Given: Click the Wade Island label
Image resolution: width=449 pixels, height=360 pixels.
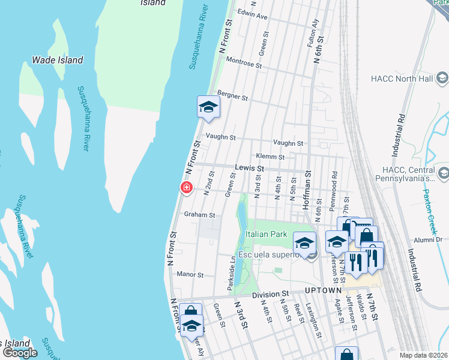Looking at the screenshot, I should pyautogui.click(x=57, y=61).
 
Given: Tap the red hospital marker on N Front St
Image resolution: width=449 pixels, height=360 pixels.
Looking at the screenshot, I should pyautogui.click(x=187, y=188).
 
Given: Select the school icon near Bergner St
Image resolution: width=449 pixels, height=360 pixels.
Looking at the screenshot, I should pyautogui.click(x=208, y=107).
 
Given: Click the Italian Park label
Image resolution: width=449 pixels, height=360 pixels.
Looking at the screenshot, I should pyautogui.click(x=266, y=234).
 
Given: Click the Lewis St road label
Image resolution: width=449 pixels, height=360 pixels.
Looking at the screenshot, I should pyautogui.click(x=249, y=169).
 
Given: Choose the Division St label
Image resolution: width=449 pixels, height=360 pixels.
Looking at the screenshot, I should pyautogui.click(x=270, y=295).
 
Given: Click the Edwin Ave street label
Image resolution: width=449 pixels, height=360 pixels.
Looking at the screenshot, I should pyautogui.click(x=252, y=16).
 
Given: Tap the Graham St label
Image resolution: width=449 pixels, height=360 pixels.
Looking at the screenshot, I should pyautogui.click(x=199, y=214).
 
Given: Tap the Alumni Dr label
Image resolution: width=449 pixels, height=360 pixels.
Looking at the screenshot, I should pyautogui.click(x=427, y=239).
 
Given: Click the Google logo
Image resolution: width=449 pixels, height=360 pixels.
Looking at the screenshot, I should pyautogui.click(x=20, y=353).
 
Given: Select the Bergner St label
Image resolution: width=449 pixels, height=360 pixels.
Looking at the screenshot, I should pyautogui.click(x=232, y=96).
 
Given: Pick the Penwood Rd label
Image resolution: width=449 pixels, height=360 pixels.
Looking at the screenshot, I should pyautogui.click(x=334, y=188).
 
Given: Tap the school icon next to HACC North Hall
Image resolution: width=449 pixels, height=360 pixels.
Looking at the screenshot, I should pyautogui.click(x=442, y=78).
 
